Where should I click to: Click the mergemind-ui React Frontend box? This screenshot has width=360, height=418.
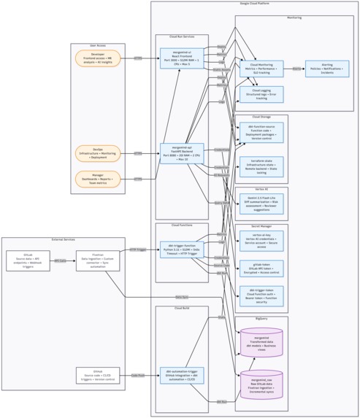point(182,58)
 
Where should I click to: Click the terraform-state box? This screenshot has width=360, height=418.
point(261,166)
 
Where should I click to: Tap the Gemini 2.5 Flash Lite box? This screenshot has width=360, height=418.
point(261,204)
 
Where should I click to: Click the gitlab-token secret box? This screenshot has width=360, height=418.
point(261,268)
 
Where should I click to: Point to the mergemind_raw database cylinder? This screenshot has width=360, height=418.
point(261,384)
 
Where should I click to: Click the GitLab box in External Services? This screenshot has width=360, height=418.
point(28,260)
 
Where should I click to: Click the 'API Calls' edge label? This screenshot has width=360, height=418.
point(61,260)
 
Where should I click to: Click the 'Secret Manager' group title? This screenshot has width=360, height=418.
point(261,227)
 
